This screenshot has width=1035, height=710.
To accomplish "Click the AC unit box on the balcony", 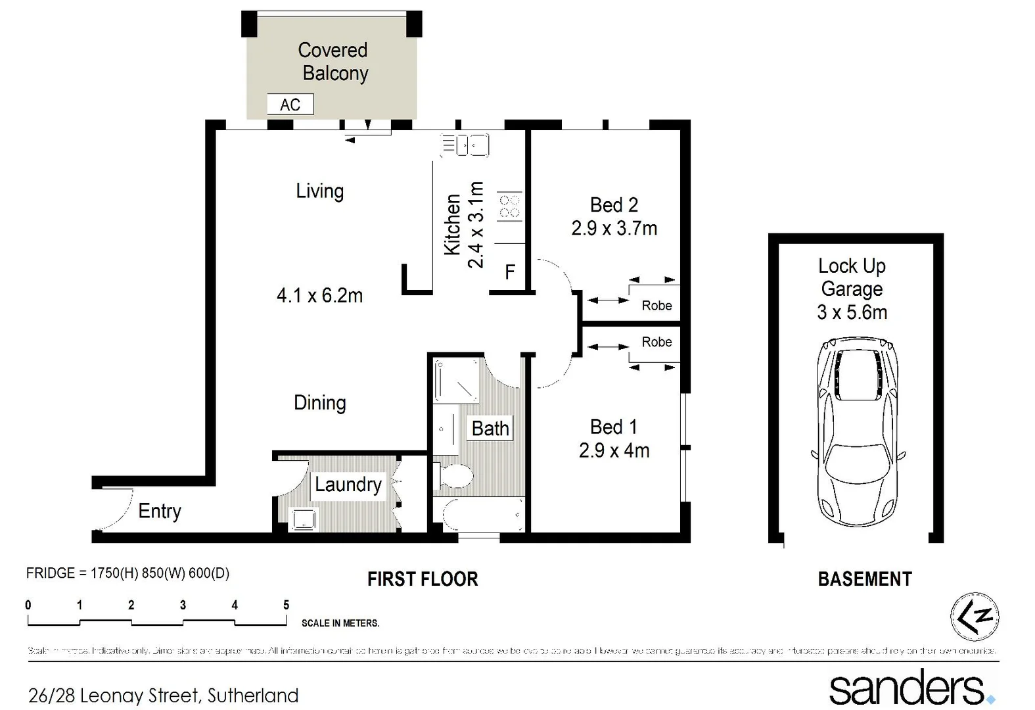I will click(290, 105).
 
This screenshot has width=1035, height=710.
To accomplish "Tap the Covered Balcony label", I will click(333, 61).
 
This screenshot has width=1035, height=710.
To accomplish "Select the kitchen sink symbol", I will click(465, 145).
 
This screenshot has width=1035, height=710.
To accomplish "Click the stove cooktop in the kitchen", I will click(510, 206).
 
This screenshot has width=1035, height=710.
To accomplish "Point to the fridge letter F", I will click(509, 272).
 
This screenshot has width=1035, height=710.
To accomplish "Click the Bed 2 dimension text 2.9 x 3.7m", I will click(614, 228).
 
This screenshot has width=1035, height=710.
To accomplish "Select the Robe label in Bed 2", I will click(656, 305).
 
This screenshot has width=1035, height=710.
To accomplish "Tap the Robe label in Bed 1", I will click(656, 342).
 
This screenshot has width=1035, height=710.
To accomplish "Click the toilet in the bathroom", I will click(454, 475).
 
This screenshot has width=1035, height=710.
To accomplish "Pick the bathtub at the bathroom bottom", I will click(484, 514).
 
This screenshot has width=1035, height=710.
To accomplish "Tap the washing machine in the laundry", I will click(304, 519).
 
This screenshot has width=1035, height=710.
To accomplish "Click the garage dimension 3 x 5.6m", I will click(852, 312).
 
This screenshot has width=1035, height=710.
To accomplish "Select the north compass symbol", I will click(975, 617).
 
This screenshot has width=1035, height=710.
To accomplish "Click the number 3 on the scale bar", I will click(183, 605).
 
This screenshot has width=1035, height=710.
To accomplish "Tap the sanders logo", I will click(911, 688).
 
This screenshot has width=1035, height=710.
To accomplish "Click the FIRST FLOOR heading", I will click(423, 579).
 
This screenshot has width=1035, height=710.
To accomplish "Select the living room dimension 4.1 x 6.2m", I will click(319, 295).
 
